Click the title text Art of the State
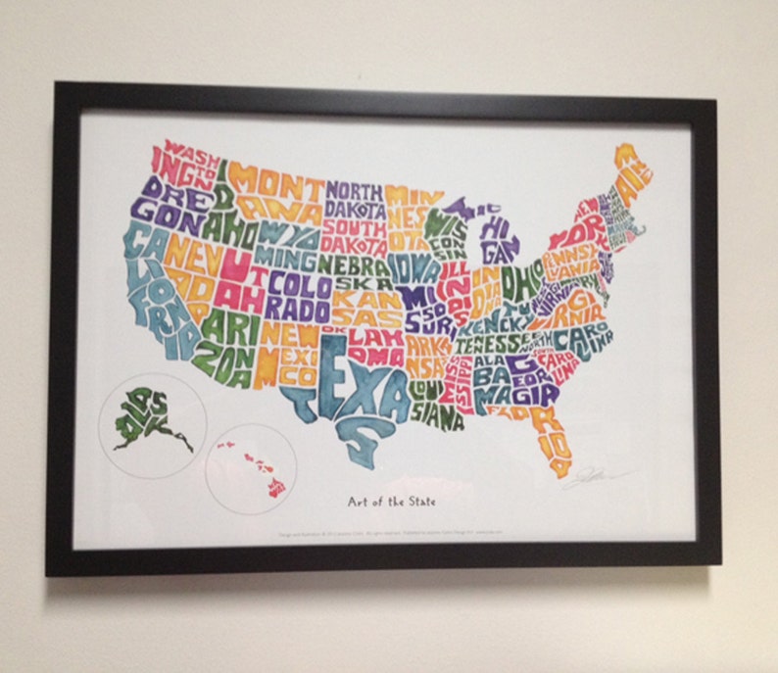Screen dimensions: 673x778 [x=391, y=502]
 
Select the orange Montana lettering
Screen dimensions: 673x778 [x=274, y=191]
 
